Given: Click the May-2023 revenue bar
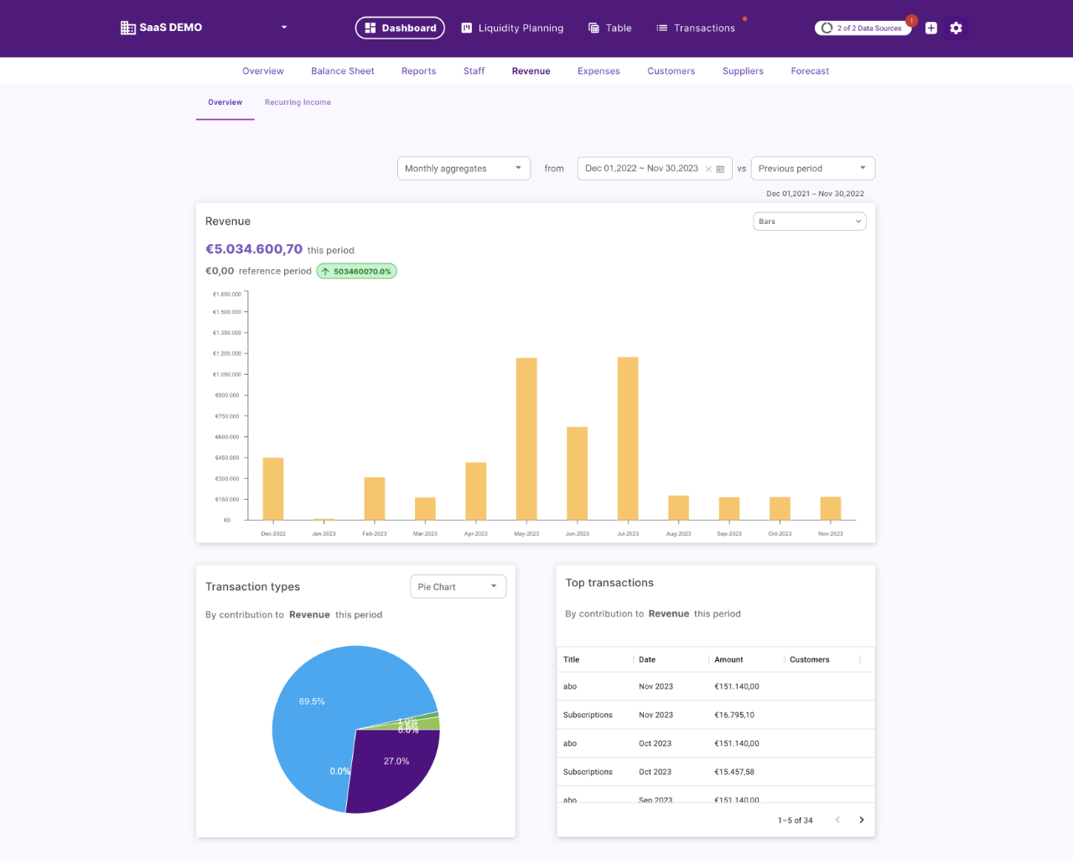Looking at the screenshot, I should tap(526, 439).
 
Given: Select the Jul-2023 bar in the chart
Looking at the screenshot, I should tap(628, 439).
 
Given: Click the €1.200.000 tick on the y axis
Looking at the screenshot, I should tap(227, 354).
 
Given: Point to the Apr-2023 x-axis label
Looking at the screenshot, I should tap(475, 534).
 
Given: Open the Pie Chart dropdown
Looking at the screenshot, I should tap(458, 586).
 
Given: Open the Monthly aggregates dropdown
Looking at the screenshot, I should tap(464, 169).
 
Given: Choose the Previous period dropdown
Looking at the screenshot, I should tap(812, 169).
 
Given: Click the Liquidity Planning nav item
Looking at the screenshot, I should tap(512, 28).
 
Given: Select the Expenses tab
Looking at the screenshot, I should tap(599, 71).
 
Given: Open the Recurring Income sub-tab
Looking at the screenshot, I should tap(298, 102).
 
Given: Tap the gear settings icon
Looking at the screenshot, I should tap(956, 28).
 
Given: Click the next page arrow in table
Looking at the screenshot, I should tap(861, 820).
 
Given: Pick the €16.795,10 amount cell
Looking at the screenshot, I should tap(734, 715).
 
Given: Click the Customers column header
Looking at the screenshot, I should tap(810, 659).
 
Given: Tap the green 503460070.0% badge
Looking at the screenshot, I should tap(356, 271).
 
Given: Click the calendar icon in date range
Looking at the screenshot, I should tap(720, 169).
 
